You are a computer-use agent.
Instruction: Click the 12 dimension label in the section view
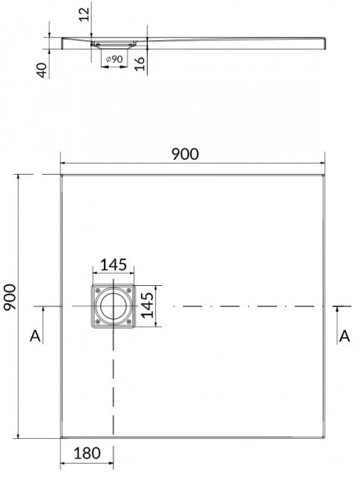[x=84, y=14]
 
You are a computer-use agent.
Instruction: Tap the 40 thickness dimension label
[x=42, y=70]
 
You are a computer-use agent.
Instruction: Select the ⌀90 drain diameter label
[x=114, y=59]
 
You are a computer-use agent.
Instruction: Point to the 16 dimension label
[x=140, y=63]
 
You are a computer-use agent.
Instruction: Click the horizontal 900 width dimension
[x=185, y=154]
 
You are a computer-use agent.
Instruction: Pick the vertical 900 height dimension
[x=10, y=297]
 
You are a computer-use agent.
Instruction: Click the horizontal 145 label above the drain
[x=114, y=265]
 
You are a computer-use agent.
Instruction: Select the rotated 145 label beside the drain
[x=147, y=305]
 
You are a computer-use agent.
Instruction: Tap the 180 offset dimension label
[x=87, y=453]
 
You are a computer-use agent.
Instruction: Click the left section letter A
[x=35, y=336]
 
